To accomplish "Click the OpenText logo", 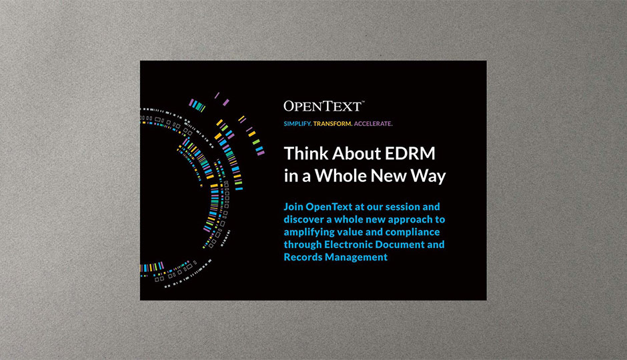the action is (324, 106).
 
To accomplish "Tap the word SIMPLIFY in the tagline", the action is (297, 124).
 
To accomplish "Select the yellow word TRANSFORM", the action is (333, 124).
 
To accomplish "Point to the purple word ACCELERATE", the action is (373, 124).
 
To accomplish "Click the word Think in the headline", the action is (305, 153).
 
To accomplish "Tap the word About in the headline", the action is (356, 153).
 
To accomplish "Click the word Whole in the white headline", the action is (340, 176).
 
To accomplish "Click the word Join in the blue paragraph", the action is (293, 207).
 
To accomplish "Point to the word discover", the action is (303, 219).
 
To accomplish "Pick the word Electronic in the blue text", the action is (349, 245).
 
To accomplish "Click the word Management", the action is (356, 258).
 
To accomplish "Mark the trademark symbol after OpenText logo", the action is (363, 101).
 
